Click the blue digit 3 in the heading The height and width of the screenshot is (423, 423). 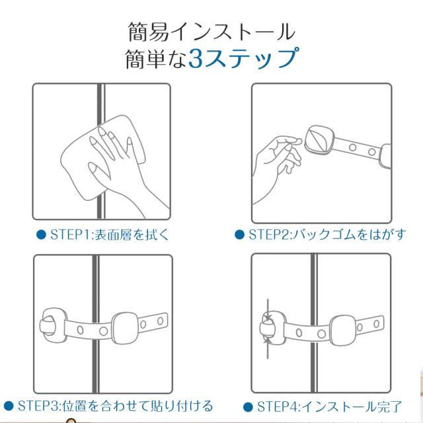point(196,58)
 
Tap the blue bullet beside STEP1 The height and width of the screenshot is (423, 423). point(41,235)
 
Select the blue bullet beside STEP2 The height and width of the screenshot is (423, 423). point(239,235)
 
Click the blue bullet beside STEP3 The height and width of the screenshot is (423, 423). point(9,406)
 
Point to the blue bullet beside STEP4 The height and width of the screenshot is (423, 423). point(248,407)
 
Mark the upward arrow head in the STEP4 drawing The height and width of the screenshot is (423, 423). point(267,339)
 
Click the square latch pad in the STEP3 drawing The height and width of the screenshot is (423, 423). point(125,328)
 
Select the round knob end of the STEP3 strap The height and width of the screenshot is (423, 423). point(53,325)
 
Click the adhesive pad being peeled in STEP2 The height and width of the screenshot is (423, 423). point(319,140)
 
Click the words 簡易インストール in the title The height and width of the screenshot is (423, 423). point(211,32)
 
